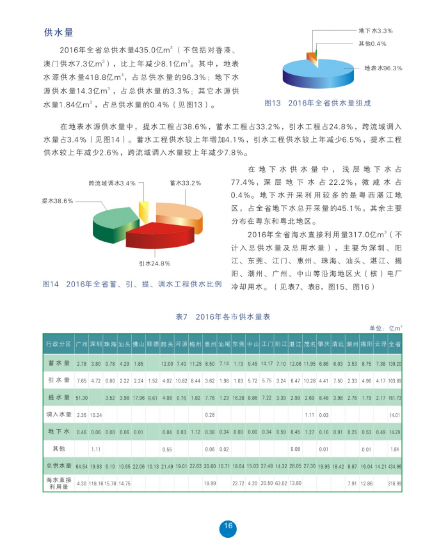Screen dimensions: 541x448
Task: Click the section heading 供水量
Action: [58, 33]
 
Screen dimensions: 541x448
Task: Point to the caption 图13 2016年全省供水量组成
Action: [317, 103]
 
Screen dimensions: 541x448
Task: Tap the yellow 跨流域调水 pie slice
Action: [144, 210]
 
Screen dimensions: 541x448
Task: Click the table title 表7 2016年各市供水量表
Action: [223, 317]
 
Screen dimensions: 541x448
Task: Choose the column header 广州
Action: [81, 343]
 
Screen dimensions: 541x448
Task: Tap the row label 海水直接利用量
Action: [58, 483]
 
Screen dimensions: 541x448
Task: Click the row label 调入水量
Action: [58, 415]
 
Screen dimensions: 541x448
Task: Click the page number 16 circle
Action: [227, 527]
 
